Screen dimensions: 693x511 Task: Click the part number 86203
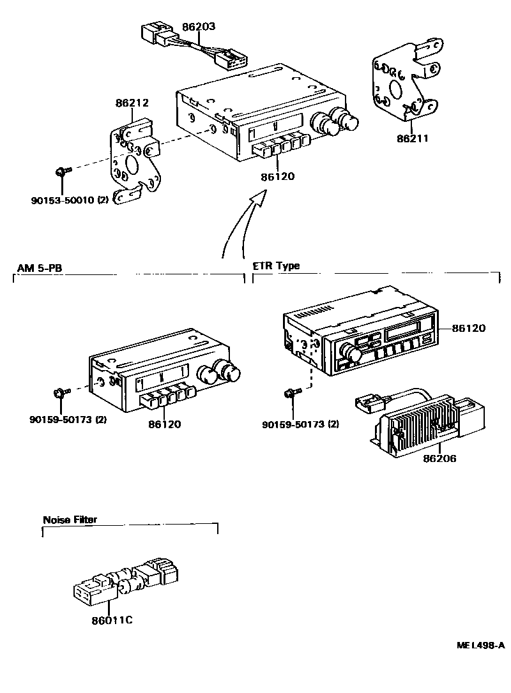[x=199, y=27]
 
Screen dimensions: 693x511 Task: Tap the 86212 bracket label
[x=132, y=102]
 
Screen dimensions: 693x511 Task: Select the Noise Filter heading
[x=70, y=519]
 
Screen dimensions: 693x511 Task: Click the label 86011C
[x=112, y=619]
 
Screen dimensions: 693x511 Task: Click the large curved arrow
[x=240, y=223]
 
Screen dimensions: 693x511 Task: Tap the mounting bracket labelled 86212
[x=134, y=160]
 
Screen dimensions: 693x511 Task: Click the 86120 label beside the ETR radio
[x=469, y=329]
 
